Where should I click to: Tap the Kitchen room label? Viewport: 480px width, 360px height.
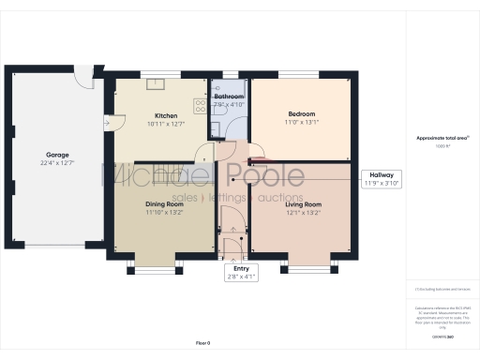(153, 116)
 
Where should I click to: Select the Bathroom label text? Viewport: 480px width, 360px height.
(229, 97)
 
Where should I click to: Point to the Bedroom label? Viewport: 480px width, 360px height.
(301, 113)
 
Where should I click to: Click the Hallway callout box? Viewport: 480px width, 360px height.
(382, 179)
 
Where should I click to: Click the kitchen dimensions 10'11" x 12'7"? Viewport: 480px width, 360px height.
(153, 125)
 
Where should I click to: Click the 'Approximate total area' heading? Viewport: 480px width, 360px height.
(442, 138)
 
